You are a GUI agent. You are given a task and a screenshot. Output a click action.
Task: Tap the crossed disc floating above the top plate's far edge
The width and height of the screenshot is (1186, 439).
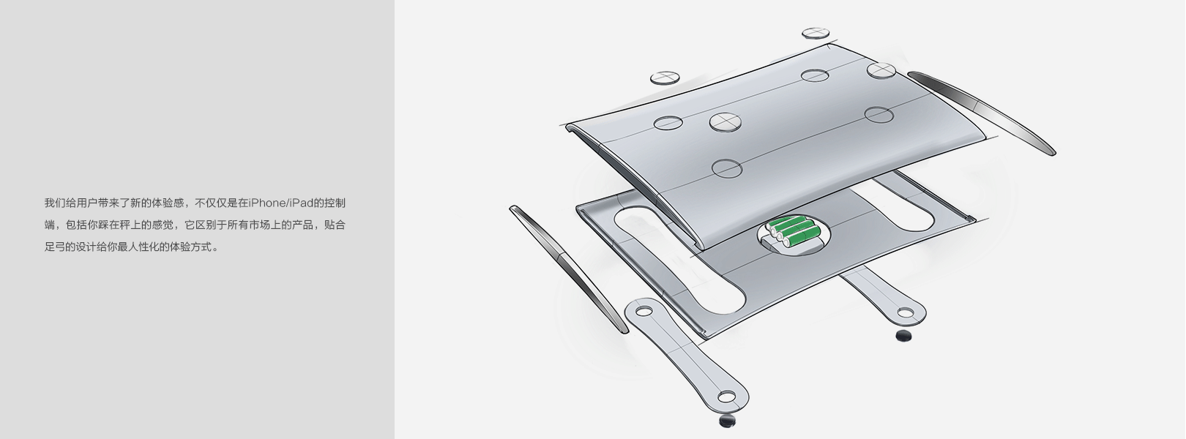[816, 34]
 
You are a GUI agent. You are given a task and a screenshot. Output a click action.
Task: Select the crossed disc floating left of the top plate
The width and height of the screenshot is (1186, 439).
[665, 78]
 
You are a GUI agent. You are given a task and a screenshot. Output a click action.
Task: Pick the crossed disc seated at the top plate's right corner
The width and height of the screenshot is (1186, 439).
[881, 70]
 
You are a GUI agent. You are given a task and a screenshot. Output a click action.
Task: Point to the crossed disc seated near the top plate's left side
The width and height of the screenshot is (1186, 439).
[725, 122]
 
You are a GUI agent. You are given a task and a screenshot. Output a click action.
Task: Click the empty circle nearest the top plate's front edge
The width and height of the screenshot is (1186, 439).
[727, 168]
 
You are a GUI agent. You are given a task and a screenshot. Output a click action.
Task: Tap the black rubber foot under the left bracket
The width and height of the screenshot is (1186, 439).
[728, 421]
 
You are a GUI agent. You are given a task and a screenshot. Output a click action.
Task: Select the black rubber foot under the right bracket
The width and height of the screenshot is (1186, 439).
[904, 335]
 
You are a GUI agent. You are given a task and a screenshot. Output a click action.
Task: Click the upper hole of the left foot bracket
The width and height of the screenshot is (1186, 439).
[644, 310]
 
